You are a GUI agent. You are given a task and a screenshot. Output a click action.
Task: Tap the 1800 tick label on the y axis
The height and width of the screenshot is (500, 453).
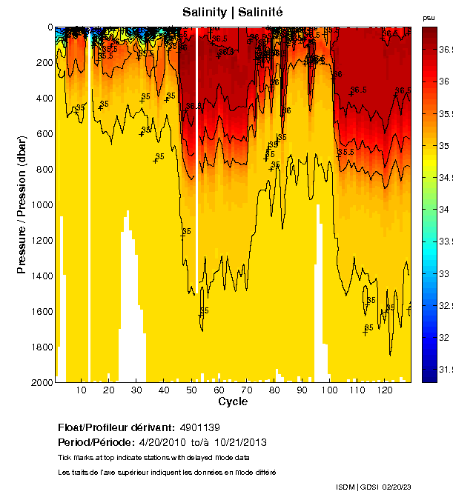pyautogui.click(x=42, y=347)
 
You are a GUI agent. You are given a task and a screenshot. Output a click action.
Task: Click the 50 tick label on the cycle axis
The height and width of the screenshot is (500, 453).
pyautogui.click(x=191, y=390)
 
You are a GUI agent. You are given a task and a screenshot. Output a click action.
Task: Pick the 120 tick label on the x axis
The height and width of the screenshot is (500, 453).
pyautogui.click(x=385, y=390)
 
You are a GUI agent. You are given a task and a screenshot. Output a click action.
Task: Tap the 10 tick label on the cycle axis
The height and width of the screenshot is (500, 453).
pyautogui.click(x=81, y=390)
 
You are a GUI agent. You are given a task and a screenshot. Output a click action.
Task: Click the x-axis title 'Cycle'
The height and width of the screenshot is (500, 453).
pyautogui.click(x=233, y=401)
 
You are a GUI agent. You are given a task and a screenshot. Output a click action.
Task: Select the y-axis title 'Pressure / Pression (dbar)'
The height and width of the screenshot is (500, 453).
pyautogui.click(x=22, y=204)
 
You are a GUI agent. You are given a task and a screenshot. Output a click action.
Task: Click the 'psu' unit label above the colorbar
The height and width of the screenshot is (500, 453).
pyautogui.click(x=428, y=17)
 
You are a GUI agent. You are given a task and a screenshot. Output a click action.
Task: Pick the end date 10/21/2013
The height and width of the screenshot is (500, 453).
pyautogui.click(x=240, y=442)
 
